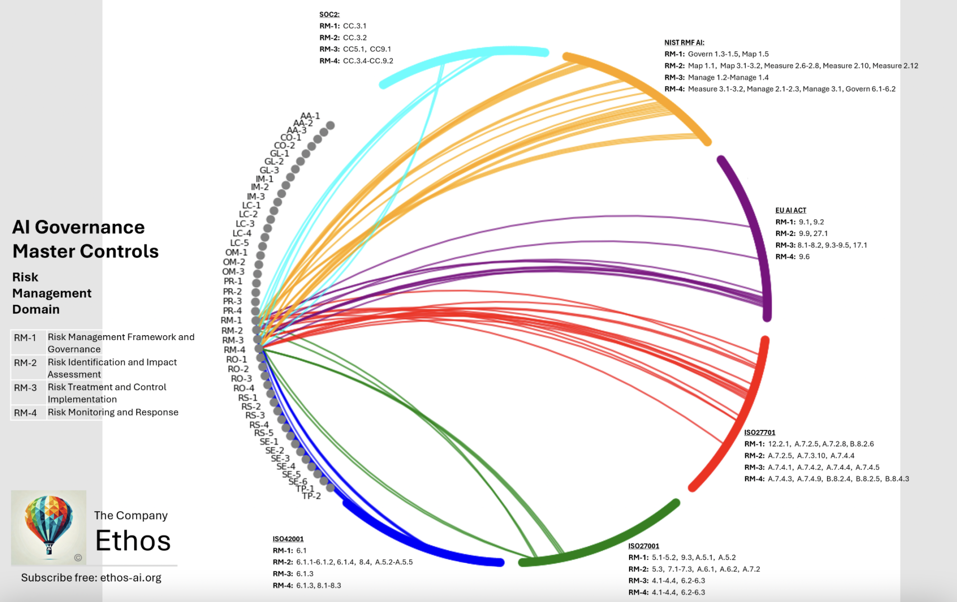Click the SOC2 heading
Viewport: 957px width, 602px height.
(x=329, y=14)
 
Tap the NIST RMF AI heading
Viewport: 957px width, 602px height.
(x=684, y=42)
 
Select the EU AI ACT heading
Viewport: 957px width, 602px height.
(x=791, y=210)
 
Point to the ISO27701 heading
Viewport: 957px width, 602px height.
(x=760, y=432)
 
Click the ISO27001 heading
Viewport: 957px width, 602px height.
(x=643, y=546)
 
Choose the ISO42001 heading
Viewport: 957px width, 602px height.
(x=288, y=539)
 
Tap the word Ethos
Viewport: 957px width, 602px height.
(x=133, y=541)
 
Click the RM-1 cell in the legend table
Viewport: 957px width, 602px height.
(x=25, y=338)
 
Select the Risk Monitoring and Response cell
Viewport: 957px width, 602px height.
(x=113, y=412)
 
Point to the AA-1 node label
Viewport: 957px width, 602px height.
(x=310, y=116)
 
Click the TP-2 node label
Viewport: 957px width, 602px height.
(x=312, y=496)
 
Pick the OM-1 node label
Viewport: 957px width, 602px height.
(x=236, y=252)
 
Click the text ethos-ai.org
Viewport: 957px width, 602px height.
(x=131, y=578)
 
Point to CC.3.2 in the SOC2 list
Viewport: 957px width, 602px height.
(x=354, y=37)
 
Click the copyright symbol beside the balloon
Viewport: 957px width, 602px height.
(x=78, y=558)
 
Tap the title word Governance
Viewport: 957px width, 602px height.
(x=90, y=227)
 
